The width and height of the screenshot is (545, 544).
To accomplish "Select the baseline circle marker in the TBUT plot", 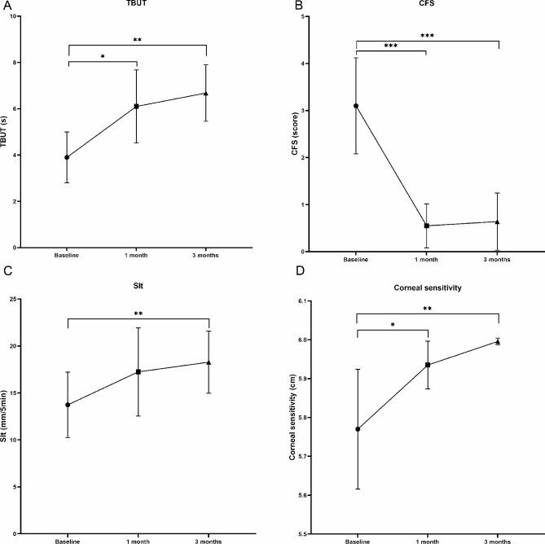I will click(67, 157).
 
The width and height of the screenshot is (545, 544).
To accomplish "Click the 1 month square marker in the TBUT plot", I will click(136, 106).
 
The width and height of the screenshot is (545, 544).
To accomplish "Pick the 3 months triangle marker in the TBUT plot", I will click(205, 93).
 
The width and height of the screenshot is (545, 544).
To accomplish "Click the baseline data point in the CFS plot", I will click(356, 106).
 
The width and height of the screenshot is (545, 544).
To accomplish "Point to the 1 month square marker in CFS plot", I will click(427, 226).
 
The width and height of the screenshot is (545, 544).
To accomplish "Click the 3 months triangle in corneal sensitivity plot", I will click(498, 342).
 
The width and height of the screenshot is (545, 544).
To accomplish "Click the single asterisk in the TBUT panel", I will click(102, 56).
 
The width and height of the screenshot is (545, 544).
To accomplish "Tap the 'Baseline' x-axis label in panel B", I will click(356, 258).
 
